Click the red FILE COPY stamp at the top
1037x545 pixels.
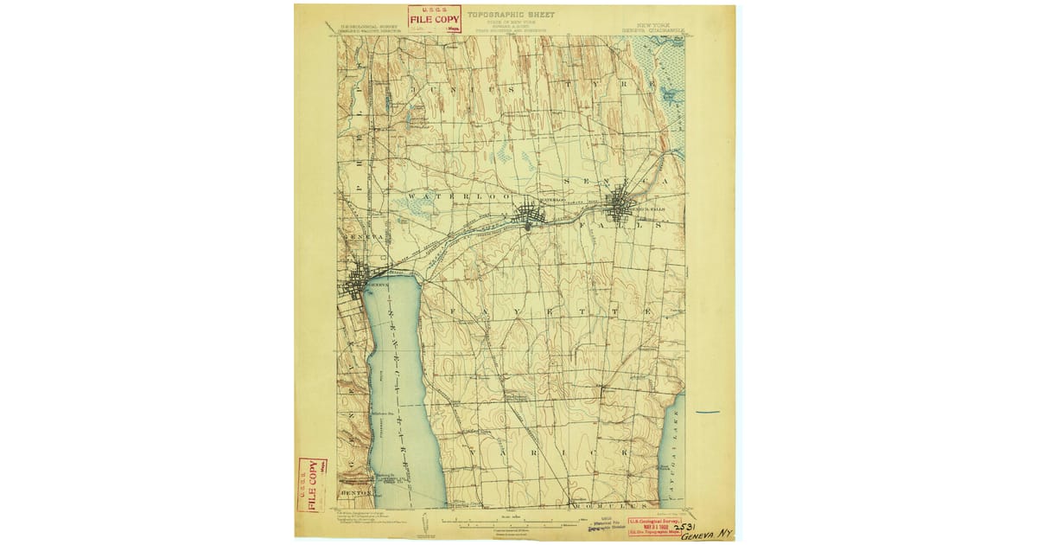coord(434,19)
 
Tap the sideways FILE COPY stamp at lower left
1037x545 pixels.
coord(307,480)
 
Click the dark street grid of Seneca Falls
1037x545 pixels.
coord(619,208)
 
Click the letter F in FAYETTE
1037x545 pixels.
coord(451,311)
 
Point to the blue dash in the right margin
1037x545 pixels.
coord(708,412)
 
